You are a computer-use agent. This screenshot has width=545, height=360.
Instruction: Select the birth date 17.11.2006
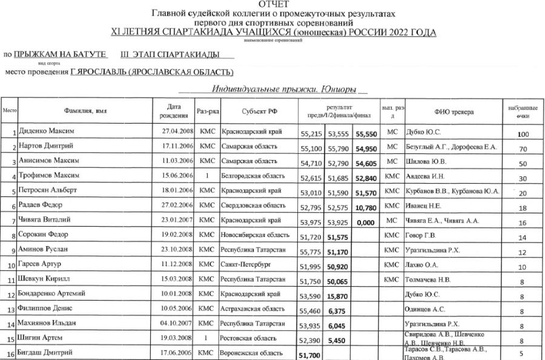tap(177, 147)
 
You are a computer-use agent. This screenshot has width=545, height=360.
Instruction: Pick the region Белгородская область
tap(249, 176)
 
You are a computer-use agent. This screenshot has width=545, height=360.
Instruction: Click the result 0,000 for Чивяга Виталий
tap(367, 223)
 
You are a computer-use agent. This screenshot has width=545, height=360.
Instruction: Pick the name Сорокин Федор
tap(43, 235)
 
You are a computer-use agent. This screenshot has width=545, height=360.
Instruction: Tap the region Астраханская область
tap(250, 310)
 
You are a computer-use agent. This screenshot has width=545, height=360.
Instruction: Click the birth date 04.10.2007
tap(177, 324)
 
